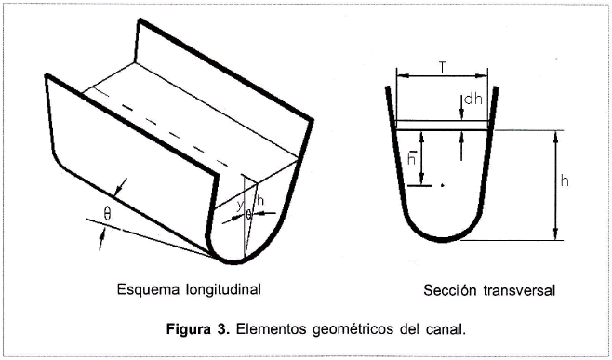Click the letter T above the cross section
[442, 68]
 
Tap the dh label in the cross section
[473, 100]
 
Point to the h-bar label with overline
[411, 156]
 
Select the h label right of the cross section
[565, 180]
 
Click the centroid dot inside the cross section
[442, 185]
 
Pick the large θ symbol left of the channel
[107, 214]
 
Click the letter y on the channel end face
[240, 206]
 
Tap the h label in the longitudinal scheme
[259, 201]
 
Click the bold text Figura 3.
[198, 329]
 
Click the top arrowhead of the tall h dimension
[556, 135]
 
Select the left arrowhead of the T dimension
[401, 75]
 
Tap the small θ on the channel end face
[248, 214]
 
